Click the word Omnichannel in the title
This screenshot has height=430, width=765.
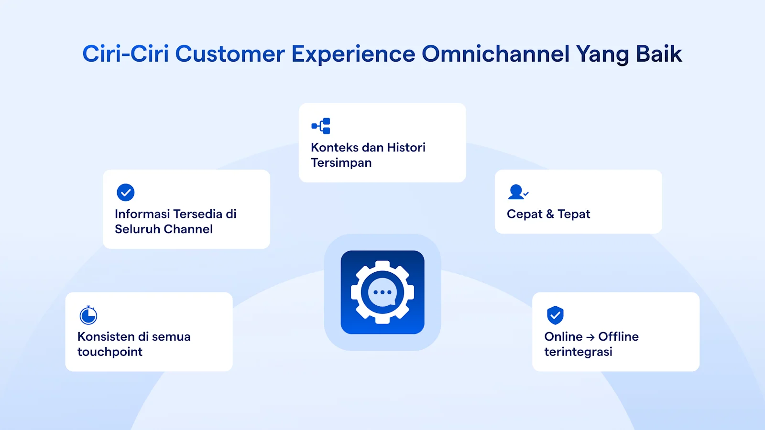pos(495,54)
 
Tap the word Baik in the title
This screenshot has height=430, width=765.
pos(658,54)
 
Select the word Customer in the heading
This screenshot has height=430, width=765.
pos(229,54)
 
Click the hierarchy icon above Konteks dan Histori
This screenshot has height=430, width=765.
pos(321,126)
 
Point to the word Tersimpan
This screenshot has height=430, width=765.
pos(341,163)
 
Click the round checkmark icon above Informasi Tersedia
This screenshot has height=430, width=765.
pos(125,193)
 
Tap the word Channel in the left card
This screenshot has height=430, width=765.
pos(189,229)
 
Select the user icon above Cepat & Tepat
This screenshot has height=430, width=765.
pos(517,192)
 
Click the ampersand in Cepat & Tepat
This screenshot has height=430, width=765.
pos(550,214)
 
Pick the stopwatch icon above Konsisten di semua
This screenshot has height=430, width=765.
pos(88,315)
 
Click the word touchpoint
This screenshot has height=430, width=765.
pos(110,352)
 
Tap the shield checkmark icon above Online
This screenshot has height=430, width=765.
pos(555,315)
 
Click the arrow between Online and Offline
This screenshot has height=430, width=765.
pos(590,337)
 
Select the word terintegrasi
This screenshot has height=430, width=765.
pos(578,352)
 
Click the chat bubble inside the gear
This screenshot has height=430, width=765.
pos(382,292)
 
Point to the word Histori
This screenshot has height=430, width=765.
pos(406,148)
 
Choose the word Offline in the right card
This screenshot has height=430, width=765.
pos(618,337)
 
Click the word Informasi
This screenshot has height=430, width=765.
pos(142,214)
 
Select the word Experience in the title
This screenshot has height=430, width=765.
pos(353,54)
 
